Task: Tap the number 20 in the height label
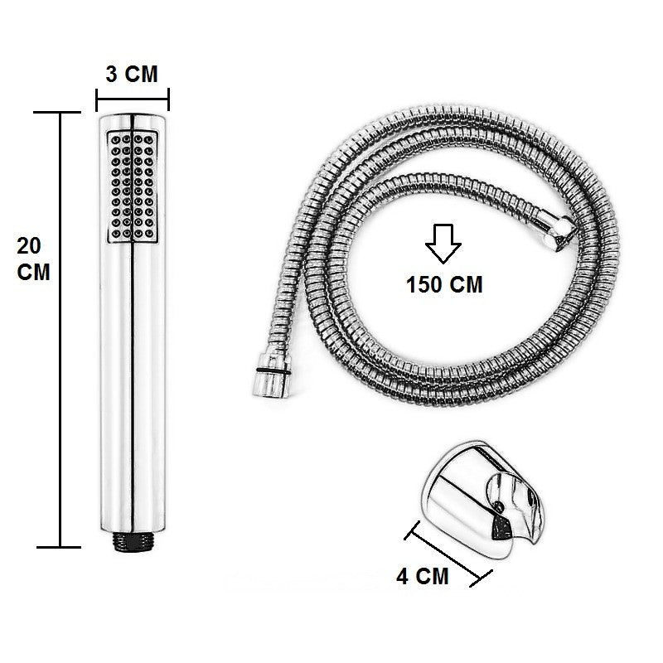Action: (x=29, y=246)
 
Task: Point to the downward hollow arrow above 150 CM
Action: (x=443, y=245)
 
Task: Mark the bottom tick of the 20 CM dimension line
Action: (x=59, y=547)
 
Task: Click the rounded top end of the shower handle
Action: (x=133, y=118)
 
